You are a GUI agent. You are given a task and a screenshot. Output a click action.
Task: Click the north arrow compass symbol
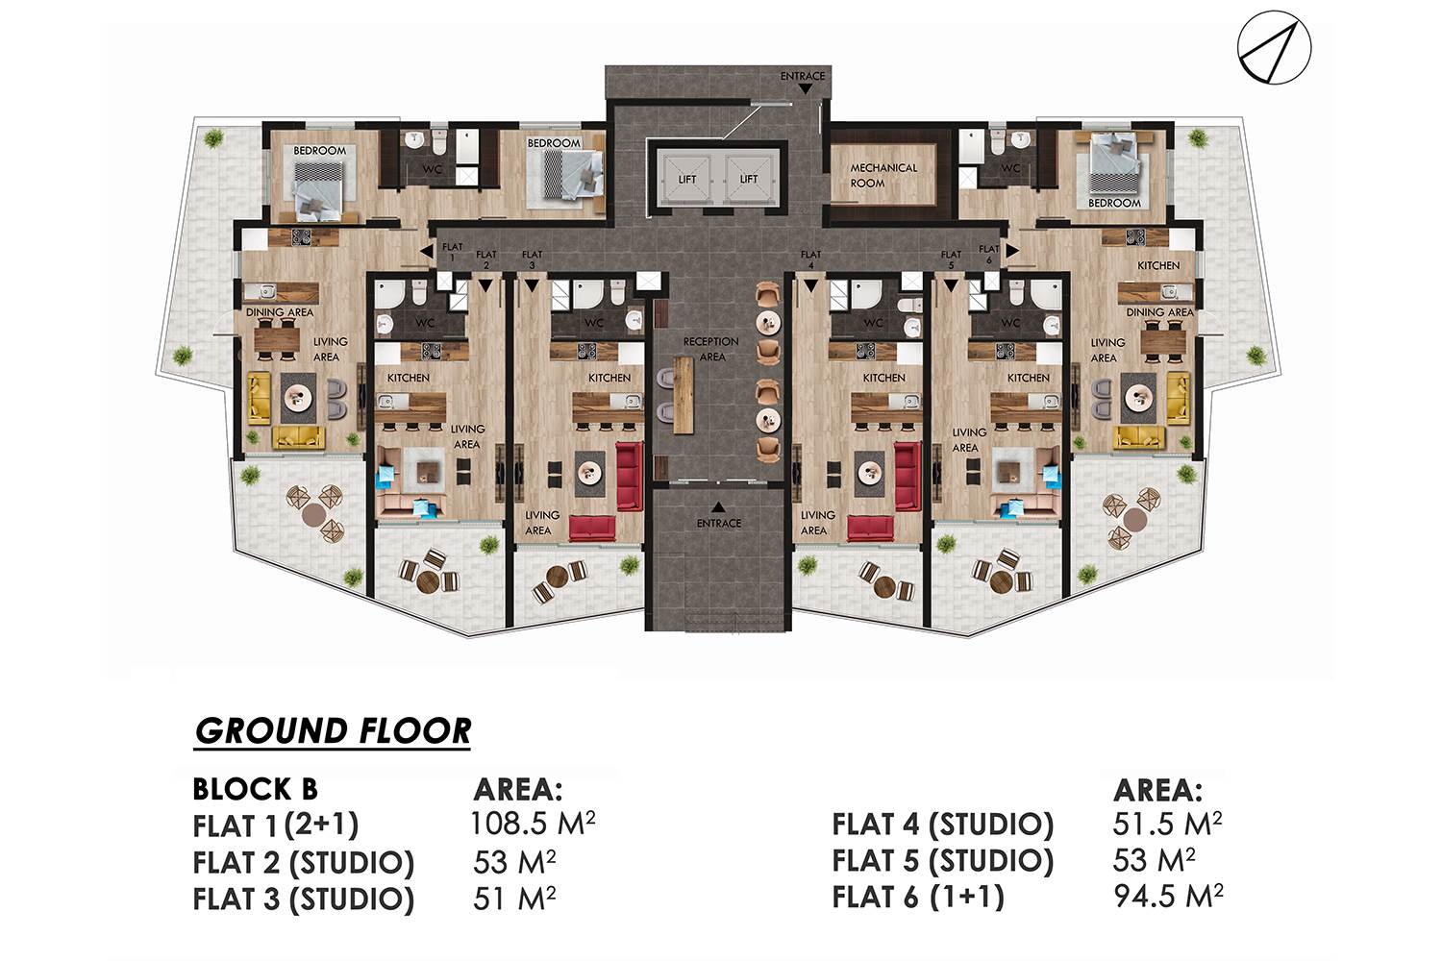1274,47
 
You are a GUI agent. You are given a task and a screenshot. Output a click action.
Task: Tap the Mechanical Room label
883,175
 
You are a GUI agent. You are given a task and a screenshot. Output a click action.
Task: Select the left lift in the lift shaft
687,179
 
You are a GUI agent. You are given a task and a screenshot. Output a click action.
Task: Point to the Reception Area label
710,349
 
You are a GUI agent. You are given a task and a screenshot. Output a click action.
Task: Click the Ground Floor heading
333,731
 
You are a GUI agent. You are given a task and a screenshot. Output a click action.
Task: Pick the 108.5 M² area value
533,824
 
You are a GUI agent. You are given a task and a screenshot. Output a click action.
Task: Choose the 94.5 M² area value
1168,896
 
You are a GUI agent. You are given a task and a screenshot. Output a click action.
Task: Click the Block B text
255,789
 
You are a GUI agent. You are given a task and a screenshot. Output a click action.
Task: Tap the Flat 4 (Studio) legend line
942,825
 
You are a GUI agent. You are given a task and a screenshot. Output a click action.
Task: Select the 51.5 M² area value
1167,824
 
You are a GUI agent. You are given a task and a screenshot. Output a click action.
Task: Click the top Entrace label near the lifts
803,76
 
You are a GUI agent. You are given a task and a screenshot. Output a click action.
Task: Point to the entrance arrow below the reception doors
718,507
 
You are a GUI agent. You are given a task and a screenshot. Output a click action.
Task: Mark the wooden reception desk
684,395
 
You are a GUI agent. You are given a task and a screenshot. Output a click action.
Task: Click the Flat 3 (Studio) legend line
303,899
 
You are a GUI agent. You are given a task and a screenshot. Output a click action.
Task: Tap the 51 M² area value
514,899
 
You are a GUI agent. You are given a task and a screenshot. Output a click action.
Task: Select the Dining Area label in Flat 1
280,312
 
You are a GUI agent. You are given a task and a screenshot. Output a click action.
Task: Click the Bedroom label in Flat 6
1114,203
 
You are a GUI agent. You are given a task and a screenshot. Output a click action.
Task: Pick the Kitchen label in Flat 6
1158,265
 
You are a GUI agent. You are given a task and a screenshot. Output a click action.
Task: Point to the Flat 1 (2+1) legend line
276,825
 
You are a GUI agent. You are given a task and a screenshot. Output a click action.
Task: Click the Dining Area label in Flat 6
1160,312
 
